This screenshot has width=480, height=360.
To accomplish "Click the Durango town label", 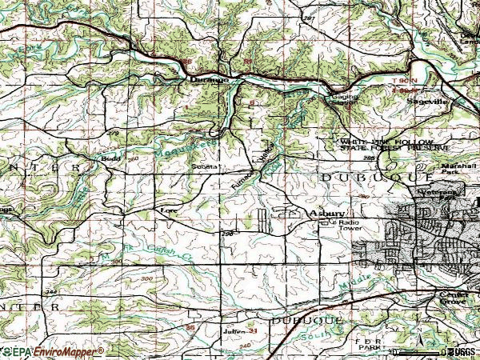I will coord(209,80).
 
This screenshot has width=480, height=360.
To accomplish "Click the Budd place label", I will coord(110,159).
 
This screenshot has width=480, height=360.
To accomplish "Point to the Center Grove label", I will coord(453,298).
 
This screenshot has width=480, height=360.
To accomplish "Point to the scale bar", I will coord(416,351).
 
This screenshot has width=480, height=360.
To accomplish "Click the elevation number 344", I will coord(51,294).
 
